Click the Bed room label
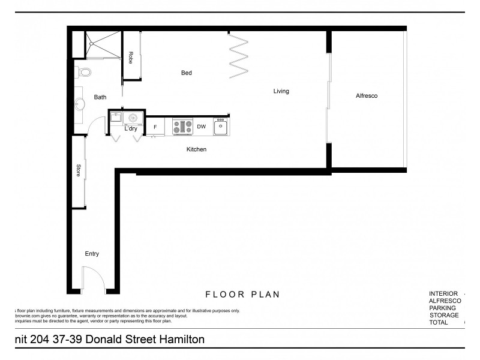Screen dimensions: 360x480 click(186, 73)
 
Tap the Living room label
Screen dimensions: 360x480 click(281, 91)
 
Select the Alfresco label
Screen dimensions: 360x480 click(366, 95)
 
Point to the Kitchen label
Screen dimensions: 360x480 click(196, 149)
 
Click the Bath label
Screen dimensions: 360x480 click(100, 97)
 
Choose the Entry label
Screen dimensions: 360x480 click(91, 254)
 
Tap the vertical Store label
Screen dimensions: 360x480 click(79, 170)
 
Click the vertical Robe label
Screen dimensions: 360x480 click(130, 58)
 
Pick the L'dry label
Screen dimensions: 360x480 click(131, 129)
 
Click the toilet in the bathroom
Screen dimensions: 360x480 click(83, 73)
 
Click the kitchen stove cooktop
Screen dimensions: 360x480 click(182, 127)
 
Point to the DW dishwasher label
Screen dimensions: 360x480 click(202, 127)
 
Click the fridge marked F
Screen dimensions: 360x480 click(155, 127)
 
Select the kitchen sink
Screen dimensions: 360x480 click(221, 127)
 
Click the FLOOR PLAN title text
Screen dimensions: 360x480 click(242, 295)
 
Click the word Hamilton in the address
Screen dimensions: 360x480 click(176, 340)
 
